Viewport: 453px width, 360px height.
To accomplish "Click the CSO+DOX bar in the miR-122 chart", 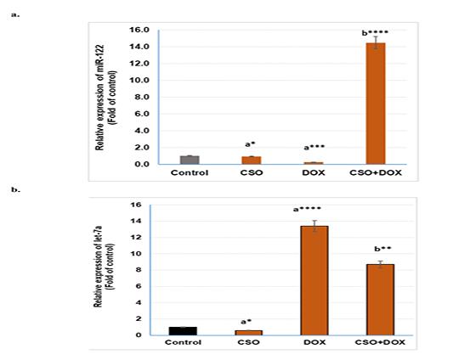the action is pyautogui.click(x=376, y=104).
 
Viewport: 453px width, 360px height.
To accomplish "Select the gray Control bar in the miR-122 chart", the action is pyautogui.click(x=190, y=160).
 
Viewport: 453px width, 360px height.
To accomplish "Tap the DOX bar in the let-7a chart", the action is pyautogui.click(x=314, y=280).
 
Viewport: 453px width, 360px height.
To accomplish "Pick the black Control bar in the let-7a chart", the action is pyautogui.click(x=183, y=331).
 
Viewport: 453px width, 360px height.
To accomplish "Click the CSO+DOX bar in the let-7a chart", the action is pyautogui.click(x=380, y=300).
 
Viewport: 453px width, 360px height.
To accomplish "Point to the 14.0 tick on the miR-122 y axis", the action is pyautogui.click(x=139, y=47).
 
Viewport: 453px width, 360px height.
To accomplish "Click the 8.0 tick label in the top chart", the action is pyautogui.click(x=142, y=97).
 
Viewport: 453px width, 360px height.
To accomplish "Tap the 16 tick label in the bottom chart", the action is pyautogui.click(x=135, y=205).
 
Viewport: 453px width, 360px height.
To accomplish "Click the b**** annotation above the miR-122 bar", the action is pyautogui.click(x=375, y=33).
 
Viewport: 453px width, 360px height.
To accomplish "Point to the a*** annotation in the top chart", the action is pyautogui.click(x=314, y=148).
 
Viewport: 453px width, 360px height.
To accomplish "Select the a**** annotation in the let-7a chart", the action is pyautogui.click(x=307, y=209).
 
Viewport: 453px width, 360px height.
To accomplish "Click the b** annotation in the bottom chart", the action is pyautogui.click(x=382, y=249).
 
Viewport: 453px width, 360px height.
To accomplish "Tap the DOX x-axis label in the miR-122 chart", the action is pyautogui.click(x=314, y=173).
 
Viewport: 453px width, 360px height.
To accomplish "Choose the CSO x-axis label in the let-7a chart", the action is pyautogui.click(x=248, y=342).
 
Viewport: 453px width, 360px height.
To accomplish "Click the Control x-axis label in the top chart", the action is pyautogui.click(x=190, y=173).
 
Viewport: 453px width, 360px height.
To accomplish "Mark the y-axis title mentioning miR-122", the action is pyautogui.click(x=106, y=98).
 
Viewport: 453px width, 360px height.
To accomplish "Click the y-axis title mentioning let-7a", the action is pyautogui.click(x=104, y=267).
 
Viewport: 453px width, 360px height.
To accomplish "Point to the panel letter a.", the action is pyautogui.click(x=15, y=14).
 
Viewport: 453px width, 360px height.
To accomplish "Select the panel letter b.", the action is pyautogui.click(x=15, y=190).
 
